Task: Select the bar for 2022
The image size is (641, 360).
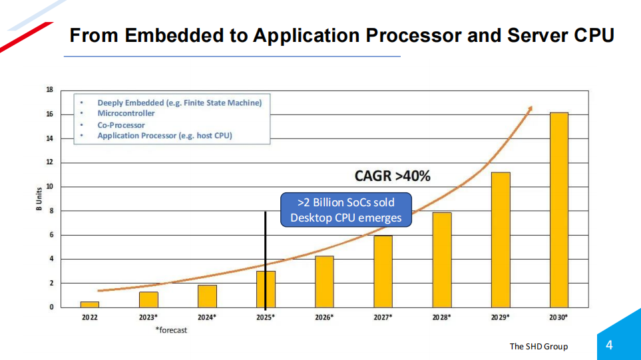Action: click(89, 305)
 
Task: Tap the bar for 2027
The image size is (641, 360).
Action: click(383, 271)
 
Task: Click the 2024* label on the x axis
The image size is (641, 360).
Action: click(207, 318)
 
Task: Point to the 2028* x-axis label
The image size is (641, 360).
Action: click(441, 318)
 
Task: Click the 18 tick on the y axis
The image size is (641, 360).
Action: click(49, 90)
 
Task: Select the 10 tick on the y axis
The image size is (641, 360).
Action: click(49, 187)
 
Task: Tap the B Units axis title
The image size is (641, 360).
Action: click(38, 199)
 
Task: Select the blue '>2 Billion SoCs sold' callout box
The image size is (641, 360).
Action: click(345, 210)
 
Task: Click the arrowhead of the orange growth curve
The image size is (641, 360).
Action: click(530, 109)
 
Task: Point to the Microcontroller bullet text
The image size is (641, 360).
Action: click(126, 114)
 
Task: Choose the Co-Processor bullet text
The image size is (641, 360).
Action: click(121, 125)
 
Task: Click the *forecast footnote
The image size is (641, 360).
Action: click(171, 330)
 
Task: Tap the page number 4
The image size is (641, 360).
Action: click(609, 345)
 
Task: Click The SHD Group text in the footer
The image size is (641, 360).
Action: click(538, 346)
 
